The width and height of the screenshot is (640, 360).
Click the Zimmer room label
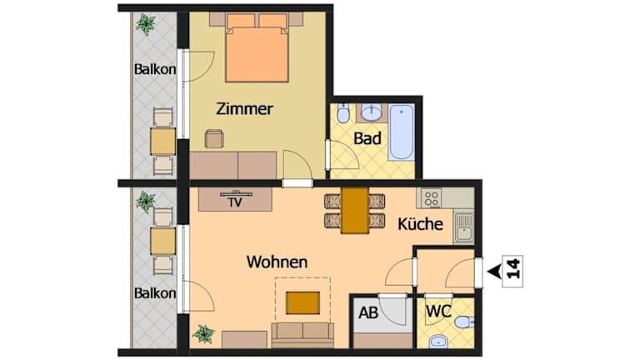(244, 109)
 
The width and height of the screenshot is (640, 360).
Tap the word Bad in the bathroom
(367, 138)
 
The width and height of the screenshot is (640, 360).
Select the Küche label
(420, 223)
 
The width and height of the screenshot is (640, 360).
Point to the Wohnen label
(277, 262)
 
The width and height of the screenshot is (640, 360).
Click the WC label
(438, 312)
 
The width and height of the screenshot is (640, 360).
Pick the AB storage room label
(368, 313)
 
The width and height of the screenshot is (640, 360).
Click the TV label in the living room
(235, 202)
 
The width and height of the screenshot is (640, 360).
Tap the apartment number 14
(512, 268)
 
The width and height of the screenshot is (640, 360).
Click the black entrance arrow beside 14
(494, 271)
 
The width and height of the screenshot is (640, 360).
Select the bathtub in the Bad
(401, 132)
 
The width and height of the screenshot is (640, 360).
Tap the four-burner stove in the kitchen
(432, 198)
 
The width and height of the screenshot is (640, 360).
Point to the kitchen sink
(463, 227)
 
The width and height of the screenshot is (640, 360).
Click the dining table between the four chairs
(355, 211)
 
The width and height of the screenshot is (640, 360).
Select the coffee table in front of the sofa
(302, 302)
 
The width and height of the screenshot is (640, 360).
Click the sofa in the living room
(302, 335)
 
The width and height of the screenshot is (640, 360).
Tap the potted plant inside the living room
(203, 334)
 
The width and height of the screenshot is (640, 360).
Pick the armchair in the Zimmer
(214, 139)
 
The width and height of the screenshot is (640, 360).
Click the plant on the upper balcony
(145, 24)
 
